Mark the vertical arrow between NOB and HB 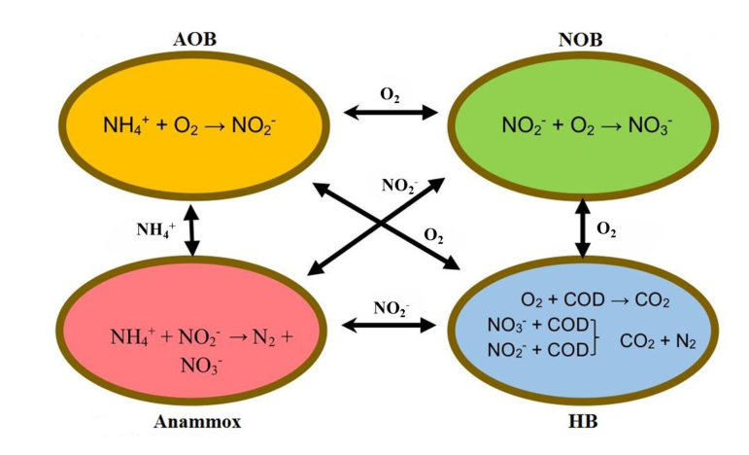click(x=582, y=228)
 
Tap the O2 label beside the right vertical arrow click(x=606, y=228)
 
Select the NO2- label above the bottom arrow click(x=392, y=305)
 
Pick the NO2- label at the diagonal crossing click(x=399, y=185)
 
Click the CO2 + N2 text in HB click(x=658, y=340)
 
